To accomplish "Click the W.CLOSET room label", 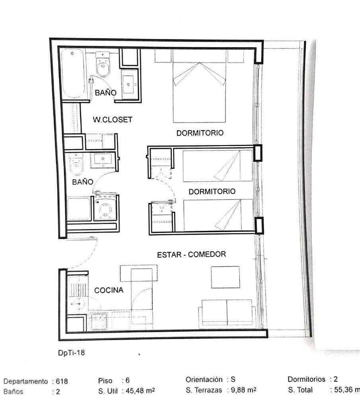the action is click(x=113, y=119).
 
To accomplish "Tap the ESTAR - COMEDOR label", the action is click(x=192, y=255).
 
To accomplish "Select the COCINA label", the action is click(x=109, y=290).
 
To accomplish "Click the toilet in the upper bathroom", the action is click(x=103, y=64).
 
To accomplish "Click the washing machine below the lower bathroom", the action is click(x=106, y=207).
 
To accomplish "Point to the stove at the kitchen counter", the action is click(x=99, y=322).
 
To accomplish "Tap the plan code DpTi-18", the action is click(x=71, y=353).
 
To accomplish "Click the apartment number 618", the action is click(x=62, y=381).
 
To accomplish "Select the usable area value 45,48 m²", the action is click(x=140, y=391).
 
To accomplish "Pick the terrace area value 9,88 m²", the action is click(x=243, y=390).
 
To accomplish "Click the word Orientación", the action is click(x=204, y=379).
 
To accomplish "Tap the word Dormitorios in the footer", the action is click(x=306, y=379).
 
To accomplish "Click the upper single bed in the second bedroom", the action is click(x=217, y=166).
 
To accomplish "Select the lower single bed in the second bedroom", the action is click(x=218, y=215).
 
